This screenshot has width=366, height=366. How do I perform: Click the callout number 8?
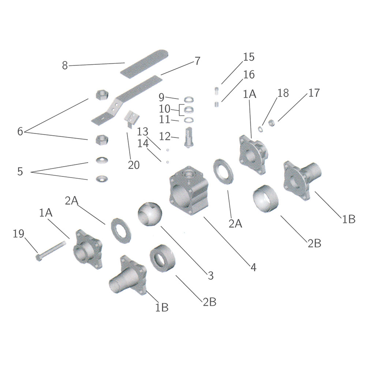tap(65, 66)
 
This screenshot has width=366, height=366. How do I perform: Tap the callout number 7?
tap(198, 61)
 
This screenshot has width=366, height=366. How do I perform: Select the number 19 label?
tap(18, 234)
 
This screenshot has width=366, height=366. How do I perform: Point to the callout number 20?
tap(134, 165)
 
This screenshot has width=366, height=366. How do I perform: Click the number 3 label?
tap(210, 276)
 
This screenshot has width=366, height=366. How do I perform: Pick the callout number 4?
tap(254, 267)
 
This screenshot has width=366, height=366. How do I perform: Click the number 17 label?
tap(314, 93)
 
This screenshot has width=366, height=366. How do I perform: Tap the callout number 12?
tap(165, 136)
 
